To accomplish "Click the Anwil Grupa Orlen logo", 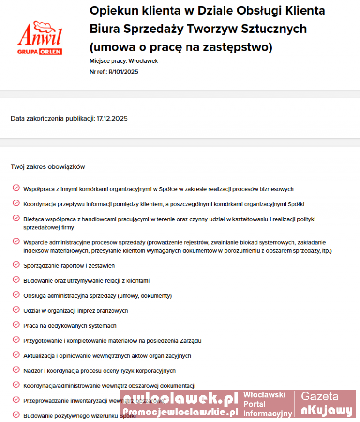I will [x=40, y=38].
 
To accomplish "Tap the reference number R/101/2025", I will [x=123, y=72].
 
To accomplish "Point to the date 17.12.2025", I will [x=112, y=118].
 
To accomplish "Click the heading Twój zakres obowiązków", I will [x=48, y=166].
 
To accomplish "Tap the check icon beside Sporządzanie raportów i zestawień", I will [x=16, y=265].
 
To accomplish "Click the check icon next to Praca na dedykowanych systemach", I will [x=16, y=325].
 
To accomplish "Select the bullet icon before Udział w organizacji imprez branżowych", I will [x=16, y=310].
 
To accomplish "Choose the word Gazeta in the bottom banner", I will [x=320, y=396].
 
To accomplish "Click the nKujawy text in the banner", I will [x=327, y=411].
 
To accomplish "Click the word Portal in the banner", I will [x=254, y=404].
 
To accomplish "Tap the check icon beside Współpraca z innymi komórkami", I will [x=16, y=188].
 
